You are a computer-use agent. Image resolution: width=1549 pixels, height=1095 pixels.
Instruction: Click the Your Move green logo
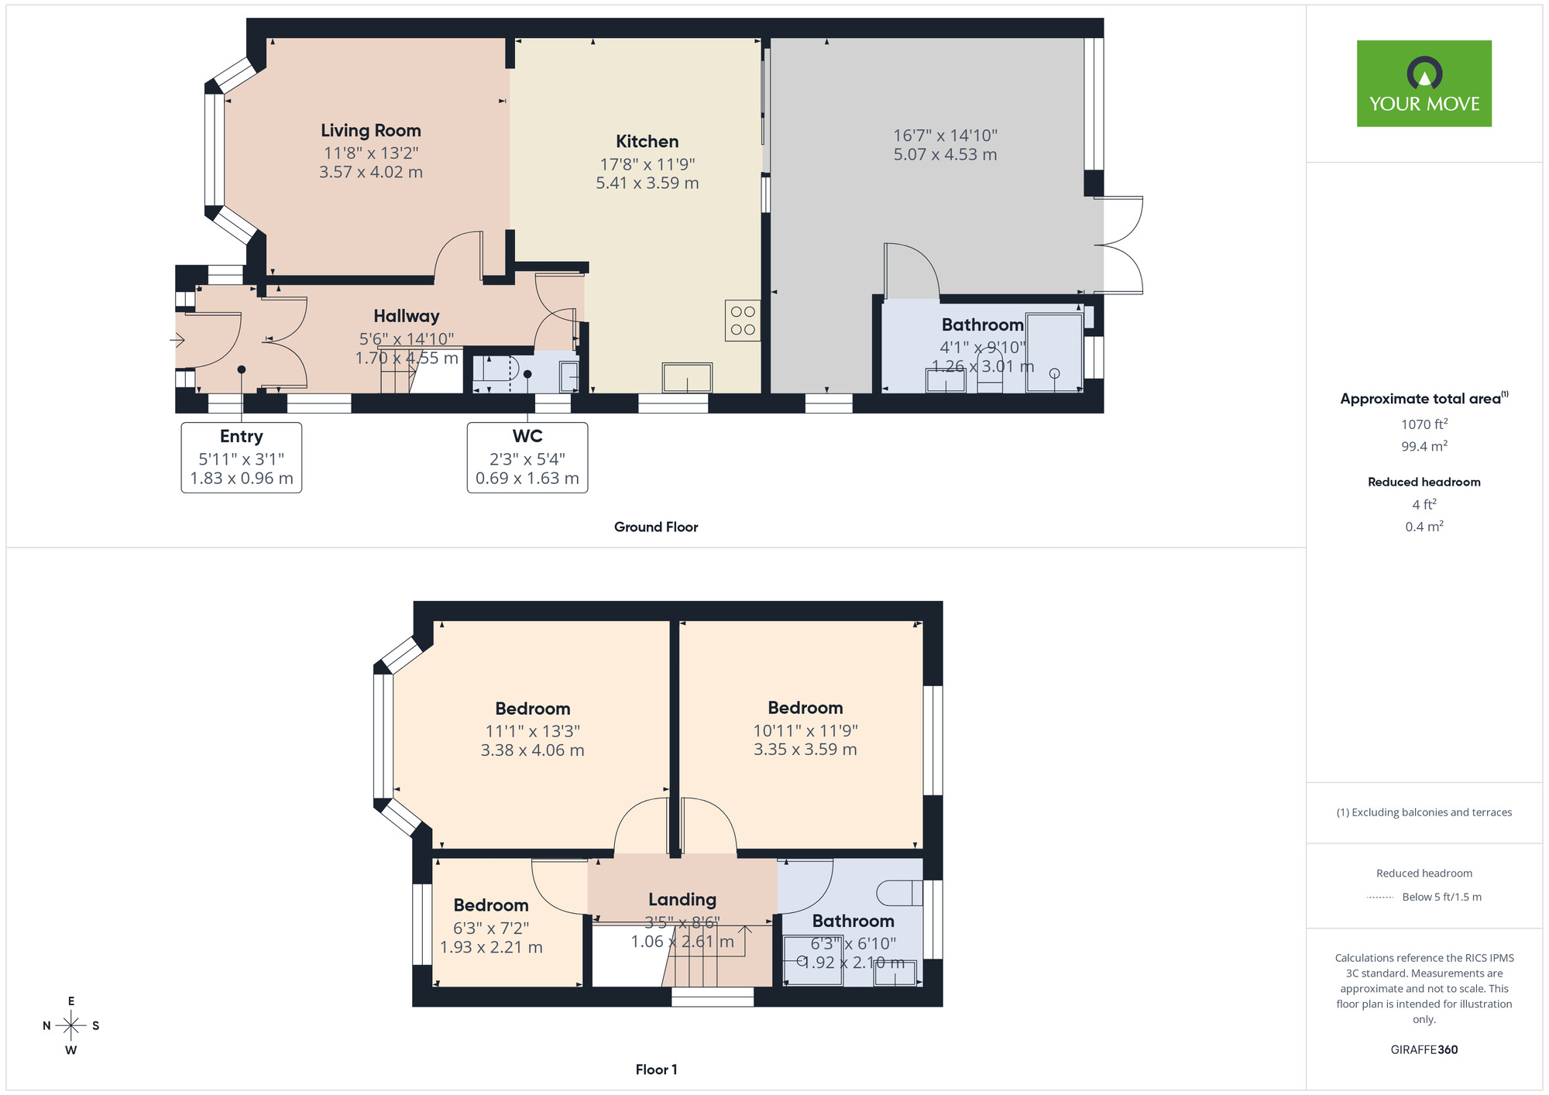coord(1424,84)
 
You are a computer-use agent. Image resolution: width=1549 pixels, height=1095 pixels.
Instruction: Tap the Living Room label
coord(371,131)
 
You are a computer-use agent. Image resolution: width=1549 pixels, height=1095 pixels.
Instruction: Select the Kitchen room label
coord(647,142)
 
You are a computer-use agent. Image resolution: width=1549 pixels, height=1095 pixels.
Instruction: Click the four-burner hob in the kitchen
coord(743,321)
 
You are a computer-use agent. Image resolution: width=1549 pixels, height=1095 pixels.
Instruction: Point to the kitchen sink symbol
coord(687,378)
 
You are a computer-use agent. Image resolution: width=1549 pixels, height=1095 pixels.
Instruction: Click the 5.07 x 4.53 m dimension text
coord(945,155)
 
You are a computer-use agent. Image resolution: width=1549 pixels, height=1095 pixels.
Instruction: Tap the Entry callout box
coord(242,458)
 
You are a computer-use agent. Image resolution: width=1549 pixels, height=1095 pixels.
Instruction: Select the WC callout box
coord(527,458)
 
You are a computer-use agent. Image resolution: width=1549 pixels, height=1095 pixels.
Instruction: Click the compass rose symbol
coord(71,1026)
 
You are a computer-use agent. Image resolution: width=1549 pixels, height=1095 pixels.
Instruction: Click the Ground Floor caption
coord(656,527)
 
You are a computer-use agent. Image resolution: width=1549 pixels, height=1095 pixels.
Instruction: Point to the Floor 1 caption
coord(656,1069)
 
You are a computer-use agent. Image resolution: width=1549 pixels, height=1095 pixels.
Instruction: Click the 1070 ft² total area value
coord(1424,424)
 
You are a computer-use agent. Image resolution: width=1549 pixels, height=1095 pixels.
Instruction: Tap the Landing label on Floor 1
coord(682,900)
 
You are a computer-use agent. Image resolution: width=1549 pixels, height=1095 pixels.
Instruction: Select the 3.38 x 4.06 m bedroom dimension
coord(532,750)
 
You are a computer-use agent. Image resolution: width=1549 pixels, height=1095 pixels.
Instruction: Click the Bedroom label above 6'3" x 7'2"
coord(491,905)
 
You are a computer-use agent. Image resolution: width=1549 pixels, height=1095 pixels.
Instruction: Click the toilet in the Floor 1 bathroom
coord(899,893)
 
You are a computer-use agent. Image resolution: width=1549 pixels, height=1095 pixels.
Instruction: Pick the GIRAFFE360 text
coord(1424,1050)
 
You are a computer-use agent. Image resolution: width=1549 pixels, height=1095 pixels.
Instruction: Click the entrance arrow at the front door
coord(177,340)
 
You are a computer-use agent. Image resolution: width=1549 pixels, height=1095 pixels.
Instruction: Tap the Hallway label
coord(406,316)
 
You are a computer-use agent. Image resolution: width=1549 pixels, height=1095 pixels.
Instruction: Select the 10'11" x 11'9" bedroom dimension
coord(805,730)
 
